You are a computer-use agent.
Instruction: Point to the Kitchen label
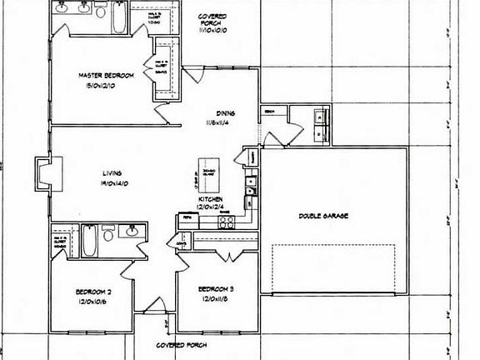pos(209,199)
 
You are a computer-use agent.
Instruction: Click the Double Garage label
pos(323,216)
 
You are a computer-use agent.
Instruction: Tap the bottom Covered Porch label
pos(182,344)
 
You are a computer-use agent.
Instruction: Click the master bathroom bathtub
pos(117,18)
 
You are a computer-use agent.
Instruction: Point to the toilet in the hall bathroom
pos(108,236)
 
